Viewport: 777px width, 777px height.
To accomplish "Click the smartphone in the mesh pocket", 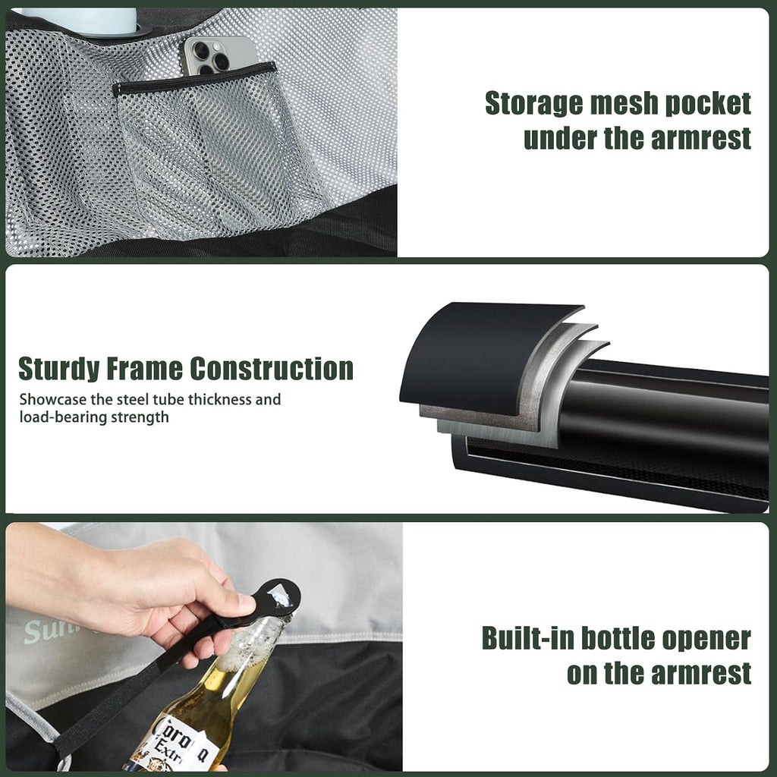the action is [x=218, y=56].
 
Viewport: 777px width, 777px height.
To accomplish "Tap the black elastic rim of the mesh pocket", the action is [x=194, y=79].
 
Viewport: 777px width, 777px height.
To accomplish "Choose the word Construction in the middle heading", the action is [x=272, y=370].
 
